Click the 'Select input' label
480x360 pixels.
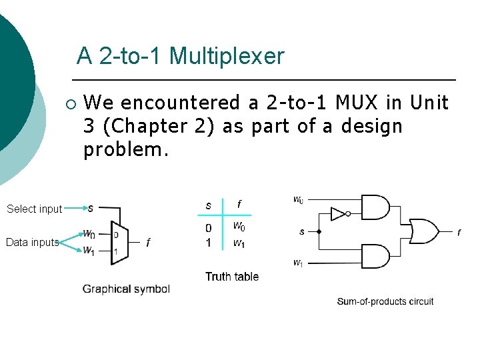tap(34, 209)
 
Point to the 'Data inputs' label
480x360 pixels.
tap(32, 243)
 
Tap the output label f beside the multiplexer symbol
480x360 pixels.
tap(148, 243)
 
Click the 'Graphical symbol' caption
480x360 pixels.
tap(126, 289)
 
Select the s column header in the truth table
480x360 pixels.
tap(209, 205)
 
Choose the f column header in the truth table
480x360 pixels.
tap(239, 205)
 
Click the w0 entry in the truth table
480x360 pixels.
tap(239, 228)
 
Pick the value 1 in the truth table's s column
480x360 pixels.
tap(209, 243)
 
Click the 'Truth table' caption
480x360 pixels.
tap(232, 276)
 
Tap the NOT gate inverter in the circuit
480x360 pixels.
tap(339, 214)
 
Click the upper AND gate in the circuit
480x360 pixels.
tap(375, 207)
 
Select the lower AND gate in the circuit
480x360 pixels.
tap(375, 256)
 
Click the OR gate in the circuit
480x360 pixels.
tap(423, 231)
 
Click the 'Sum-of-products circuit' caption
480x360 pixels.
tap(385, 301)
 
